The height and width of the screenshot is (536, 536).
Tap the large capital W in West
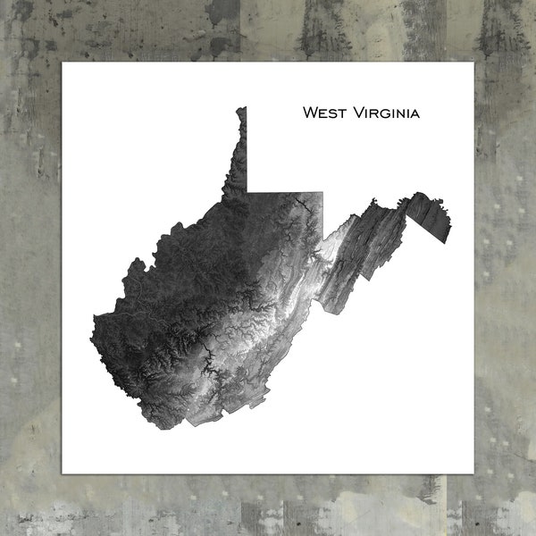tap(310, 113)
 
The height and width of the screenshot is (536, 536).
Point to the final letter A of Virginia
tap(415, 114)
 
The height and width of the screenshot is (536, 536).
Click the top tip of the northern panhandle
tap(241, 109)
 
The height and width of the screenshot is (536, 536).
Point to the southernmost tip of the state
tap(161, 427)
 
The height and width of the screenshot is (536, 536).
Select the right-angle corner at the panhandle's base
tap(247, 192)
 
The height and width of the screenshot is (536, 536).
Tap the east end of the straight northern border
tap(323, 192)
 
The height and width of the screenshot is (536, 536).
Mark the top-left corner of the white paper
tap(63, 63)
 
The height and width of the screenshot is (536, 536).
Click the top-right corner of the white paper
tap(473, 63)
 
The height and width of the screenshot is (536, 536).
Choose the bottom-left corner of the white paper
tap(63, 473)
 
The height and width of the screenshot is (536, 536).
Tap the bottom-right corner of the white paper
tap(473, 473)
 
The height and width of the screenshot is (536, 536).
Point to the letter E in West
tap(322, 114)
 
